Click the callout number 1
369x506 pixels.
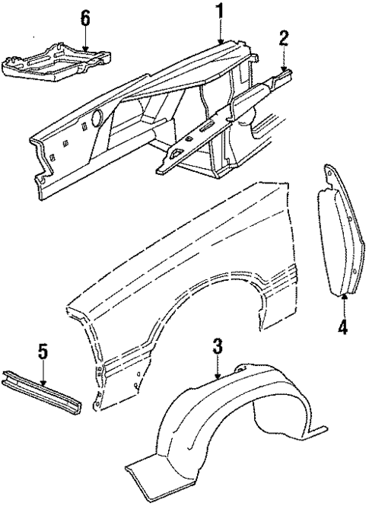click(x=220, y=11)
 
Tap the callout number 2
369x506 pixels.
click(x=284, y=40)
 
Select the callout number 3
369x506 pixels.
click(x=217, y=348)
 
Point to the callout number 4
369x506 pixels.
click(x=343, y=329)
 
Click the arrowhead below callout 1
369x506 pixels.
click(x=221, y=41)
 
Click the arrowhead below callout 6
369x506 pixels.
click(x=86, y=51)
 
